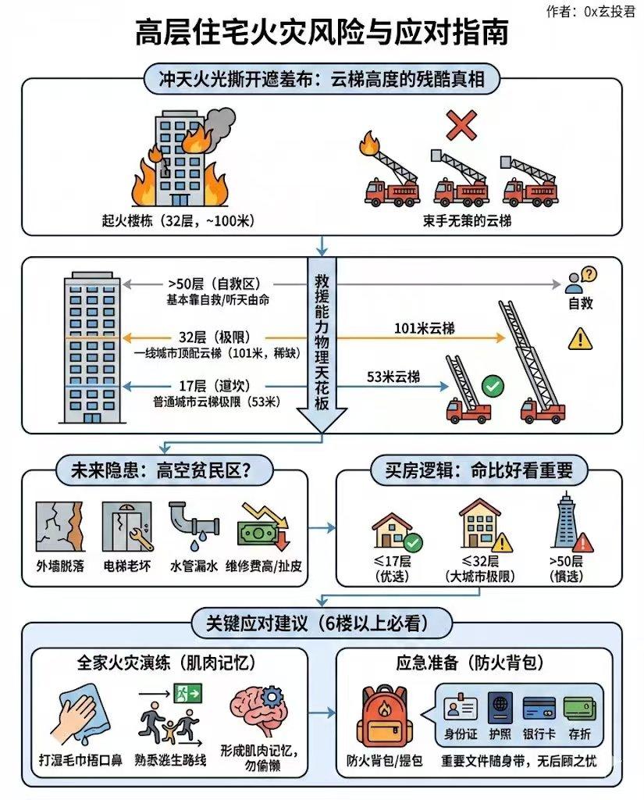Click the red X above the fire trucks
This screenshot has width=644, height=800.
click(x=461, y=126)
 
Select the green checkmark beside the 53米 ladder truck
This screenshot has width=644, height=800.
click(x=492, y=386)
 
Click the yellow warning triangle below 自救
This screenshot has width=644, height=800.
click(x=580, y=339)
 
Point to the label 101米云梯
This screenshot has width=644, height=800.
click(x=424, y=328)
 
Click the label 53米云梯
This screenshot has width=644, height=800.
click(x=393, y=377)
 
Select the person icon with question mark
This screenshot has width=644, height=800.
click(x=580, y=280)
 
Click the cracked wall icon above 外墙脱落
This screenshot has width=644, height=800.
click(x=59, y=527)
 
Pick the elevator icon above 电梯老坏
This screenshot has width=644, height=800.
click(x=127, y=527)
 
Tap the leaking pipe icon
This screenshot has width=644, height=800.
click(x=194, y=527)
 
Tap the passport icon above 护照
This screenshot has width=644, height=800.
click(x=500, y=708)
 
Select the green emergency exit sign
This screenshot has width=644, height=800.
click(x=188, y=694)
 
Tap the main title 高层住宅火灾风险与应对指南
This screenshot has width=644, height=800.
click(x=322, y=33)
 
